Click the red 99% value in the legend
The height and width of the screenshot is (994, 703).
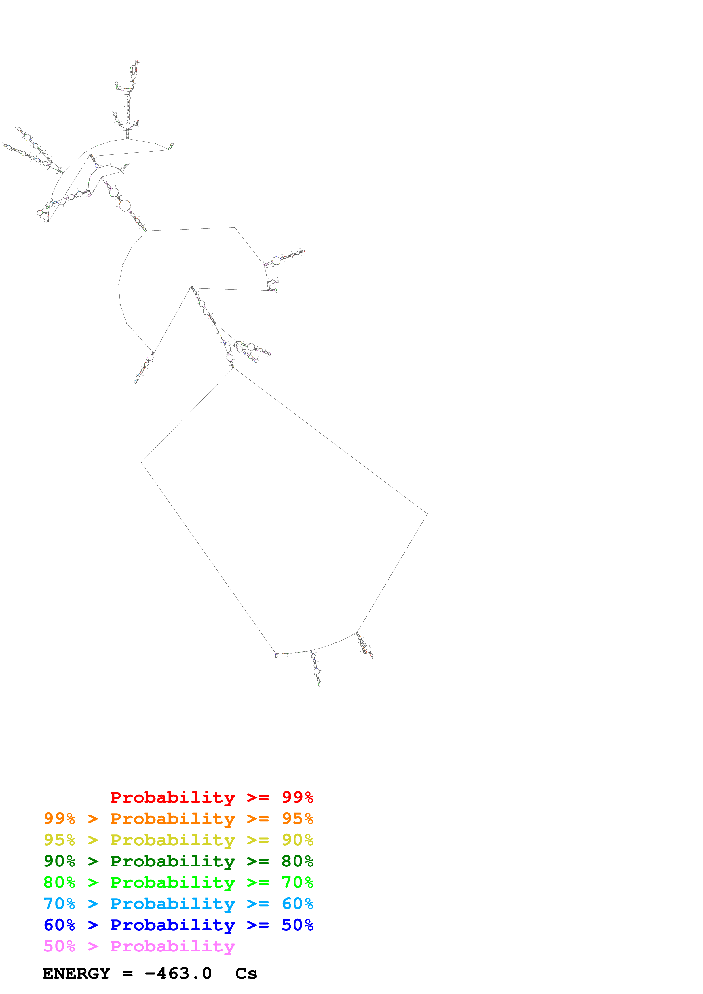coord(297,797)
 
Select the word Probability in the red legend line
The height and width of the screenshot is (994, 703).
coord(172,797)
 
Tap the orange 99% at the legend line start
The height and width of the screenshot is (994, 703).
coord(59,818)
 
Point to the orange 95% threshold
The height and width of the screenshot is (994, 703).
coord(297,818)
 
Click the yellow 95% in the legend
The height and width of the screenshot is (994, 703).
coord(59,840)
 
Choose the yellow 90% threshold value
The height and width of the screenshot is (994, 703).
coord(297,840)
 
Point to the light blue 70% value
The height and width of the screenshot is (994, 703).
coord(59,904)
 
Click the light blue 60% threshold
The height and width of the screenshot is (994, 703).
coord(297,904)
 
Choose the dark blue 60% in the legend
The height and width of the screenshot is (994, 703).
coord(59,925)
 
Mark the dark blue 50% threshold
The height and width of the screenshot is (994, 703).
coord(297,925)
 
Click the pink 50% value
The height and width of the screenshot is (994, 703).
coord(59,946)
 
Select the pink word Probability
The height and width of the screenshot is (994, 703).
coord(172,946)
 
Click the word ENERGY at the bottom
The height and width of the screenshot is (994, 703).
coord(76,974)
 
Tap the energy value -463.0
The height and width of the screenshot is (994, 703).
coord(178,974)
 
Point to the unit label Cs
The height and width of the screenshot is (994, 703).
coord(246,974)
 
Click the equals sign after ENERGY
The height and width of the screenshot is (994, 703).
coord(127,974)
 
